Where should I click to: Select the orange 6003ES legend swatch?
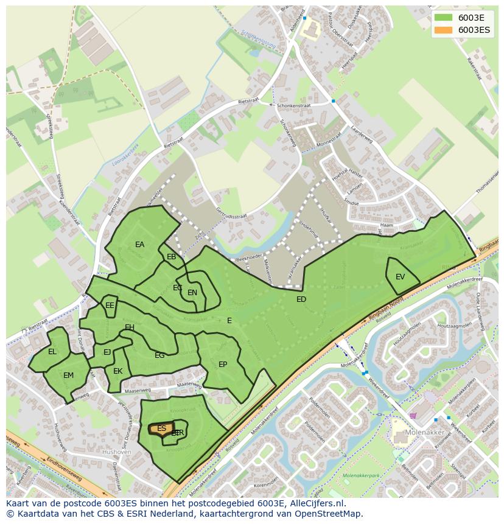click(443, 30)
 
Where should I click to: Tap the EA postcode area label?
click(139, 245)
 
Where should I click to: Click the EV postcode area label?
click(400, 277)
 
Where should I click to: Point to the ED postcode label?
click(301, 299)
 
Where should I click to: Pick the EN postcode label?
click(192, 293)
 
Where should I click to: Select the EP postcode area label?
click(223, 365)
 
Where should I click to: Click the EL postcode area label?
click(52, 352)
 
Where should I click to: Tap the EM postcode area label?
click(68, 376)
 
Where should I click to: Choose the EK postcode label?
click(118, 371)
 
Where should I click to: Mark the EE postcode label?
click(110, 306)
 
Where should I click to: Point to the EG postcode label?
click(159, 355)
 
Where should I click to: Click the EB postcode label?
click(172, 257)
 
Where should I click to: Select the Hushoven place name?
click(117, 452)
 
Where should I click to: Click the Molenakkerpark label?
click(362, 475)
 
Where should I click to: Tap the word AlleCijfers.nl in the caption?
click(313, 503)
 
